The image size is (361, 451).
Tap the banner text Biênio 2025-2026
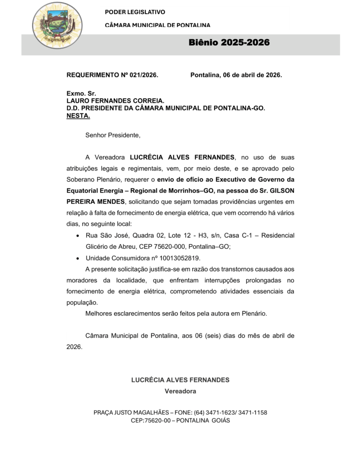(x=229, y=43)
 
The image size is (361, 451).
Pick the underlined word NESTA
(x=78, y=116)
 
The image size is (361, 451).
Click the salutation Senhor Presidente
(x=113, y=135)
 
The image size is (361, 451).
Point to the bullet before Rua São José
(x=78, y=236)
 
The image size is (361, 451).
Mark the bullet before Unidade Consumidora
(x=78, y=259)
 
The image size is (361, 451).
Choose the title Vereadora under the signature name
(x=180, y=391)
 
